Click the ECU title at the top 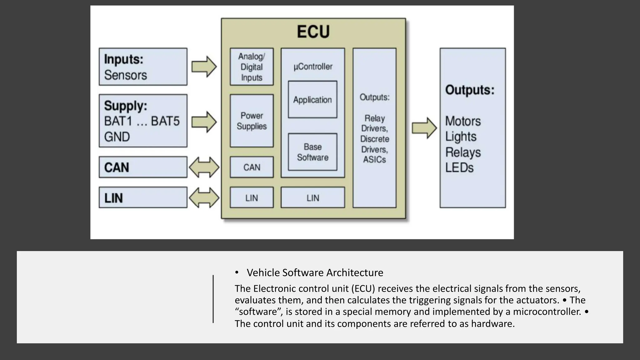[313, 32]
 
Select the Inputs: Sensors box [143, 67]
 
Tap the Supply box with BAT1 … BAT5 [143, 121]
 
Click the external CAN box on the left [143, 167]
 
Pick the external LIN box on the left [143, 197]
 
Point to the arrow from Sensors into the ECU [204, 67]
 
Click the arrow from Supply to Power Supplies [204, 122]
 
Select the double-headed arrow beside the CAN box [204, 167]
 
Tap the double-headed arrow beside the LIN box [204, 197]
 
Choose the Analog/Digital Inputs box [252, 67]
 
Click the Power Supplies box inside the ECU [252, 121]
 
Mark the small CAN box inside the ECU [252, 167]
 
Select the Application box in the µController [312, 100]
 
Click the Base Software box [312, 152]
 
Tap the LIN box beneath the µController [313, 197]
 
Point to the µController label [313, 67]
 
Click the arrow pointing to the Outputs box [424, 128]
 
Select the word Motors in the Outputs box [463, 121]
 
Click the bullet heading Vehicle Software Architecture [315, 272]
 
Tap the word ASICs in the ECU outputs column [374, 160]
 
